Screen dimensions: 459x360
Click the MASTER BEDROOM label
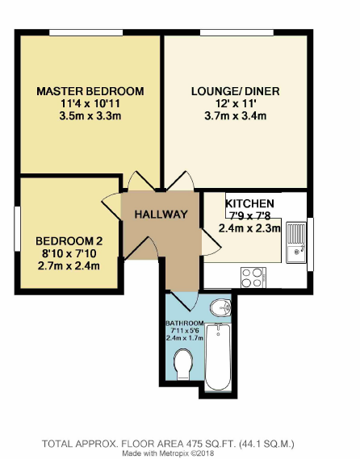90,90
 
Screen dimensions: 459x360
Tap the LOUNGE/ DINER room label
235,91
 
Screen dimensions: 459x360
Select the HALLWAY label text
161,215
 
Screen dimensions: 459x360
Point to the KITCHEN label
249,203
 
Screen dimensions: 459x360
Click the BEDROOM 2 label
69,241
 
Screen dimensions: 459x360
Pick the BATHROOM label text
186,323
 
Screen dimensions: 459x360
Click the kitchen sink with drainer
295,242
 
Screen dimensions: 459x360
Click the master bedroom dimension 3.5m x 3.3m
90,116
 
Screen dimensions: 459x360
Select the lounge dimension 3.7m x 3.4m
235,116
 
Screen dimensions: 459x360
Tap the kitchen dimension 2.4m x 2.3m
249,228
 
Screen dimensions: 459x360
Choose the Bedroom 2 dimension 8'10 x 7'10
69,254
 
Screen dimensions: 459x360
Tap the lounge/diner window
235,32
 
